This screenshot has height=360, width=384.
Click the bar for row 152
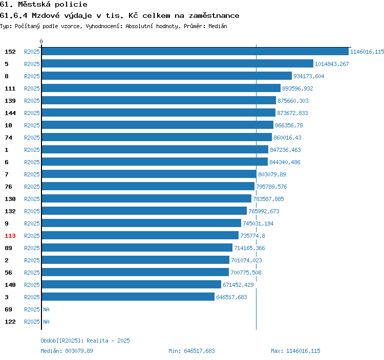pyautogui.click(x=195, y=51)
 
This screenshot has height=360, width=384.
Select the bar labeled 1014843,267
pyautogui.click(x=178, y=63)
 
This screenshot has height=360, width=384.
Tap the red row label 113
pyautogui.click(x=10, y=236)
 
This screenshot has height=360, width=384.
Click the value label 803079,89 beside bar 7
pyautogui.click(x=272, y=174)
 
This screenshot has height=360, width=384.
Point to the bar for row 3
pyautogui.click(x=128, y=297)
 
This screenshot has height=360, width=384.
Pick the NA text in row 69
pyautogui.click(x=46, y=309)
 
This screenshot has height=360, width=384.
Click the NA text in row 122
pyautogui.click(x=46, y=322)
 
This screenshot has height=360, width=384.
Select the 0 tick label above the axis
pyautogui.click(x=41, y=41)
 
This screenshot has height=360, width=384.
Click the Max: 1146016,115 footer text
pyautogui.click(x=295, y=351)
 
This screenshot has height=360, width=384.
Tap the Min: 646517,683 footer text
pyautogui.click(x=191, y=351)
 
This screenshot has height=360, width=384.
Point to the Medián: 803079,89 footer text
pyautogui.click(x=67, y=351)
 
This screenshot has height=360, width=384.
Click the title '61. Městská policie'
pyautogui.click(x=44, y=5)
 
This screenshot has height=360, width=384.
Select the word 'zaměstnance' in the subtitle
pyautogui.click(x=214, y=16)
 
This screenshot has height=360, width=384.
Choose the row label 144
pyautogui.click(x=10, y=113)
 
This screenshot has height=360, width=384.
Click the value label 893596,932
pyautogui.click(x=297, y=88)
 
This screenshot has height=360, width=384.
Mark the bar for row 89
pyautogui.click(x=137, y=247)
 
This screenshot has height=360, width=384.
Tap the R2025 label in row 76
pyautogui.click(x=32, y=187)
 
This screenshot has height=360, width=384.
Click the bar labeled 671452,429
pyautogui.click(x=132, y=284)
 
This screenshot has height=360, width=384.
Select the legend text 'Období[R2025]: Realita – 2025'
pyautogui.click(x=85, y=341)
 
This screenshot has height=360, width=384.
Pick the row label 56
pyautogui.click(x=8, y=273)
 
